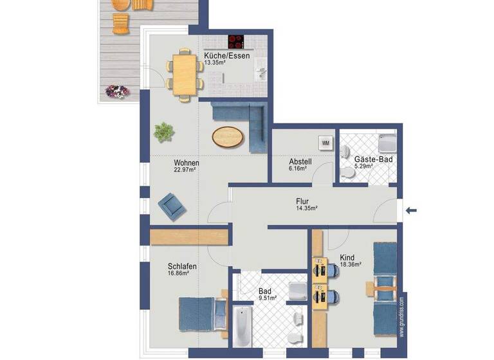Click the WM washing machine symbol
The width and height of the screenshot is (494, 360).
coord(325,143)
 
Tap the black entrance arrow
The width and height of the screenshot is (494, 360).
coord(412,210)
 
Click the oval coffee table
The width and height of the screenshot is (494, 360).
coord(228,136)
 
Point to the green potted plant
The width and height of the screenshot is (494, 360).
coord(164,131)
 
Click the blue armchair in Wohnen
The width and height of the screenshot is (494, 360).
coord(172,205)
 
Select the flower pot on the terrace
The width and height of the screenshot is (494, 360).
coord(116,91)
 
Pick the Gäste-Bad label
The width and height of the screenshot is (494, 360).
coord(373,159)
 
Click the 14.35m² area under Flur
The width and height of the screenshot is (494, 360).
coord(307,208)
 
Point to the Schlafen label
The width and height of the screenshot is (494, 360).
coord(182,266)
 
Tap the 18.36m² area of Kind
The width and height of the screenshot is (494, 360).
coord(351,264)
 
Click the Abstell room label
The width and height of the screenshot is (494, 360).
coord(300,162)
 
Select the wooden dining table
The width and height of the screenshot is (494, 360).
coord(183,75)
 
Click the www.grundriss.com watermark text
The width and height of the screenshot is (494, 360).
coord(401,315)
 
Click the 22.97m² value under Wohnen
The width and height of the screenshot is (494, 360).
coord(186,170)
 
